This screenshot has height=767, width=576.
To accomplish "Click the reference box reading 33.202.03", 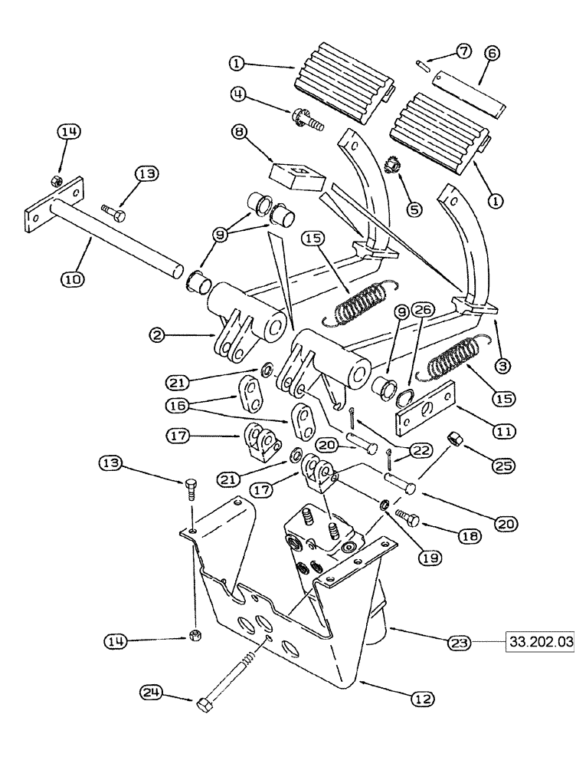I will point(539,640).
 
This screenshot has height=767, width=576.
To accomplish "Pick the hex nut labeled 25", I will point(453,441).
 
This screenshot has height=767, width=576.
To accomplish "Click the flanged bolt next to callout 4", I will point(306,120).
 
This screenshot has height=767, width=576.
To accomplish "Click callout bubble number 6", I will point(492,53).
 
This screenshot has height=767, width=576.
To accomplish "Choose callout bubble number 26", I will point(422,310).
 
